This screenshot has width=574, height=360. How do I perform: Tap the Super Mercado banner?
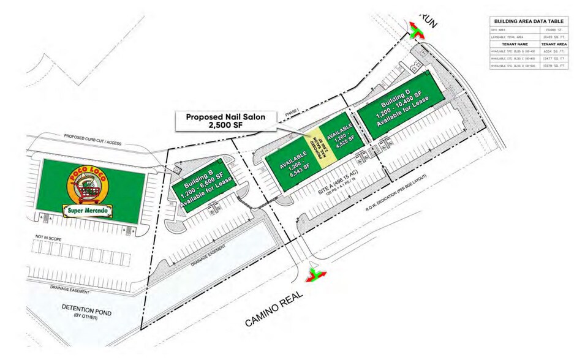(91, 211)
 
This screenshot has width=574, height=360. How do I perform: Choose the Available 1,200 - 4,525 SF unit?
(341, 135)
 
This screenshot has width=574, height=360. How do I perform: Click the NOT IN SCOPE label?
(47, 235)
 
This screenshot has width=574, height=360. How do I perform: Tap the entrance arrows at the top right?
(417, 31)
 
